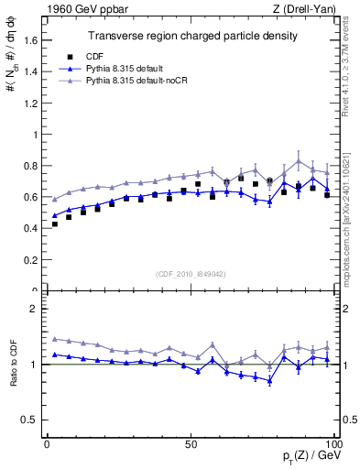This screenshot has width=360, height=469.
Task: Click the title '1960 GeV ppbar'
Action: pos(82,9)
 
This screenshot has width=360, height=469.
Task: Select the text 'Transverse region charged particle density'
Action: pos(191,36)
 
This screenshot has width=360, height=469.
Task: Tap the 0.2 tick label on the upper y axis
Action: pos(29,259)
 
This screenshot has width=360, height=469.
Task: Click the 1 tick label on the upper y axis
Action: pos(34,135)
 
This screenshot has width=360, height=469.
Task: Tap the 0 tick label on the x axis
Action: pos(47,443)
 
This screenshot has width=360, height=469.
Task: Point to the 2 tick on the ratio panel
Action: pos(35,309)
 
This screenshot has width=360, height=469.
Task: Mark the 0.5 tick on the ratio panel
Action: pos(30,420)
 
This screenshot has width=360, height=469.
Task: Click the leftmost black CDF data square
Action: pos(55,224)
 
